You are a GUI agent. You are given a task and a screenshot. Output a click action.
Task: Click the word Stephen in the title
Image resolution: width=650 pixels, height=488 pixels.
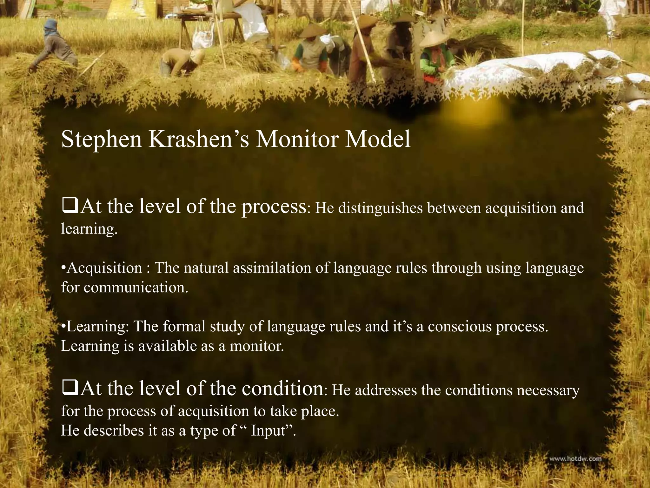(x=102, y=140)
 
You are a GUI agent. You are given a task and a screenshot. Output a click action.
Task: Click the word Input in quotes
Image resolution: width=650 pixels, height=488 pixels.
(x=269, y=430)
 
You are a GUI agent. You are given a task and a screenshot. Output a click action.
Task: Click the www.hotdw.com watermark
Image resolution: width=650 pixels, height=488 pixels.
(x=575, y=459)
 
